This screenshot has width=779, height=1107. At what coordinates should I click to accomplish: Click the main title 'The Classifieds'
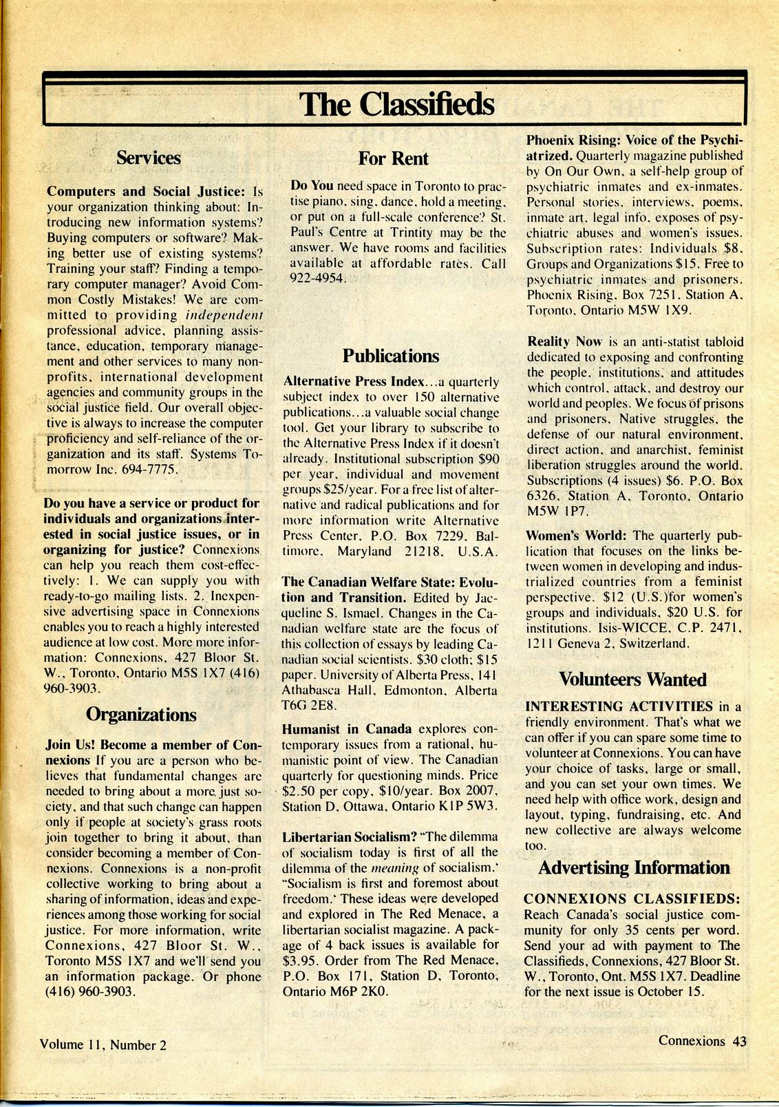coord(396,105)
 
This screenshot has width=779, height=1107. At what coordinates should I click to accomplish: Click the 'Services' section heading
coord(148,158)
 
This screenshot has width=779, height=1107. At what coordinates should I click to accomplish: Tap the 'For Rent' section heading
coord(393,158)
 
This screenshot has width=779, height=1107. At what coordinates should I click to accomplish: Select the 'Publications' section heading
coord(390,356)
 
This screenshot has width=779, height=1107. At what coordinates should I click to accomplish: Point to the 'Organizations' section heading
coord(141,715)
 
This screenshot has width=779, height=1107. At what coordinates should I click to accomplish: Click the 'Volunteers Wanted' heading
coord(632,679)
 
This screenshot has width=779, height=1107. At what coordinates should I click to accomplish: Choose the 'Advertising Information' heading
coord(633,867)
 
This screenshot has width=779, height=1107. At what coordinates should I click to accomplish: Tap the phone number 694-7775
coord(153,470)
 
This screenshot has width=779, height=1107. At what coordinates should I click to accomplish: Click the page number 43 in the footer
coord(740,1041)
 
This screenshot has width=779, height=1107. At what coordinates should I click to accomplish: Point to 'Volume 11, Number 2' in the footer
coord(103,1044)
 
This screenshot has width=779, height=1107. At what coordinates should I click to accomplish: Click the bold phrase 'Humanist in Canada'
coord(347,728)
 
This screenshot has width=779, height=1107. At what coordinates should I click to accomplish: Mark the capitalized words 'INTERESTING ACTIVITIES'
coord(619,706)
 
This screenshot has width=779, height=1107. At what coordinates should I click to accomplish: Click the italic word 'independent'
coord(225,315)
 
